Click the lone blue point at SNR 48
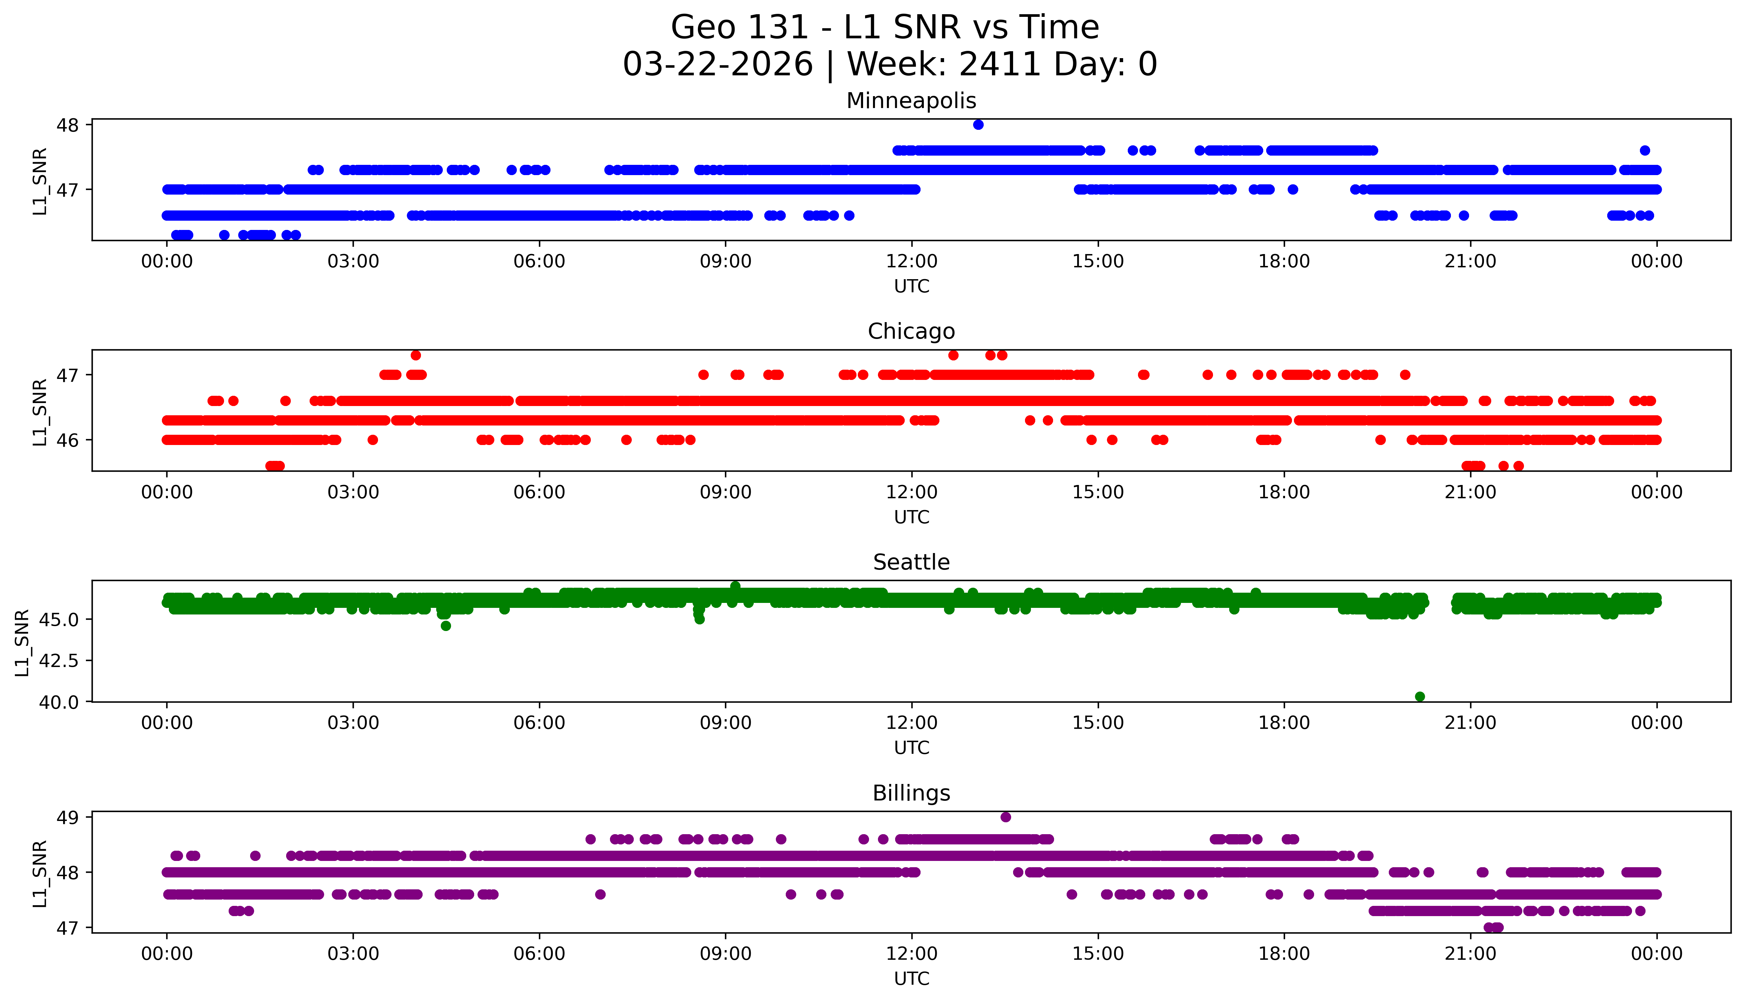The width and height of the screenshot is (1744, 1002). point(978,125)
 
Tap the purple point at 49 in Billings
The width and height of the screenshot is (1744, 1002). point(1005,817)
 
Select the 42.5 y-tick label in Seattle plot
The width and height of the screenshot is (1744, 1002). point(60,661)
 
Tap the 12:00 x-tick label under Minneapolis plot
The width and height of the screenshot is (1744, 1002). point(911,262)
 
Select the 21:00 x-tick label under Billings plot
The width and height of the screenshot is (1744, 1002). point(1470,954)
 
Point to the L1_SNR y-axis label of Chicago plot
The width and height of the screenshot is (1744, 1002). point(40,412)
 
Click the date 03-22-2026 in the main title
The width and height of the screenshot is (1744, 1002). point(718,65)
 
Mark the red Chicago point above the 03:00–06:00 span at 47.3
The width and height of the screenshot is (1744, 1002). point(416,355)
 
